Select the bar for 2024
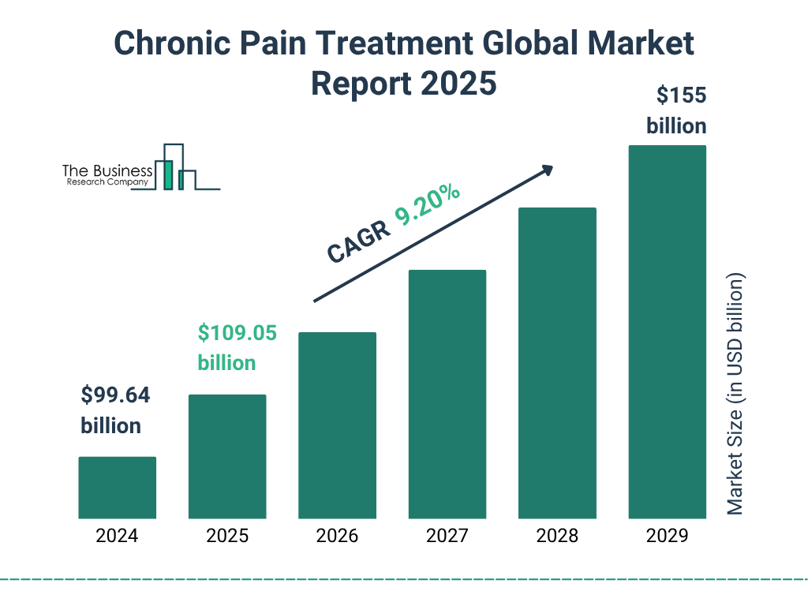[x=117, y=488]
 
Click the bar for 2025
[x=227, y=456]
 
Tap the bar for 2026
[x=337, y=425]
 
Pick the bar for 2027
[x=447, y=395]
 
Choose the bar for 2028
[x=557, y=363]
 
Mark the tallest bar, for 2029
[x=667, y=331]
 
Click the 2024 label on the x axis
[x=117, y=537]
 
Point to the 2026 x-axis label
[x=337, y=537]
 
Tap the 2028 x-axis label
[x=557, y=537]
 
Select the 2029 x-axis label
[x=667, y=537]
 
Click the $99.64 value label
[x=115, y=395]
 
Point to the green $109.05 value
[x=237, y=333]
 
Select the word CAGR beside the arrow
[x=357, y=241]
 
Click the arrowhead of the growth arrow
[x=547, y=170]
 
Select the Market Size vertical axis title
[x=735, y=395]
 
